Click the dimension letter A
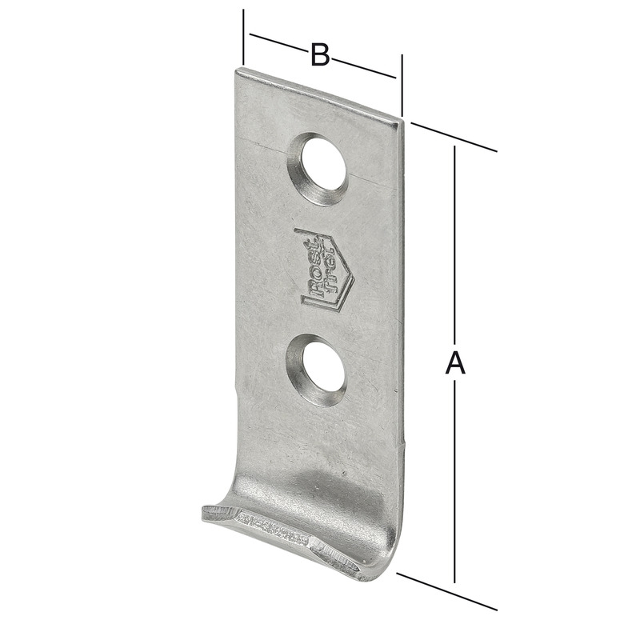click(x=454, y=362)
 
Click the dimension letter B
click(x=320, y=55)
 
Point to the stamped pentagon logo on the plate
click(x=323, y=270)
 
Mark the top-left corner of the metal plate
click(x=237, y=70)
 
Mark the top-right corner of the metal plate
click(x=399, y=120)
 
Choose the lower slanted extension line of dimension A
click(x=448, y=593)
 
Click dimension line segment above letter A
click(x=454, y=240)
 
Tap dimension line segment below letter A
click(x=454, y=480)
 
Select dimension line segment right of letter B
click(x=364, y=68)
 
